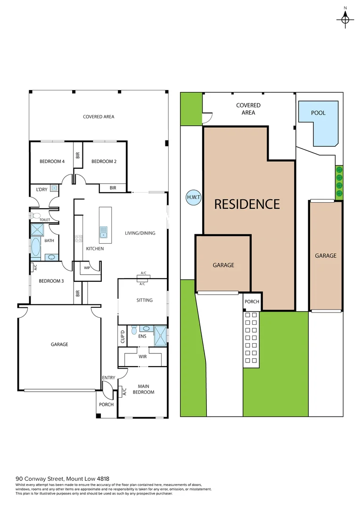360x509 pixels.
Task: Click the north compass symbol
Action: (x=345, y=18)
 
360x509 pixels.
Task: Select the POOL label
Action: (x=318, y=113)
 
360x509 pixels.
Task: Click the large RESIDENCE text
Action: (x=247, y=204)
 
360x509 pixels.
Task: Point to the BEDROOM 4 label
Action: (x=52, y=162)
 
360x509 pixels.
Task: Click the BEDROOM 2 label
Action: (x=104, y=162)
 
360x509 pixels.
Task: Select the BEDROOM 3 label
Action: (x=51, y=281)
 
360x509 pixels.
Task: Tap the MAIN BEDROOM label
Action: (x=143, y=389)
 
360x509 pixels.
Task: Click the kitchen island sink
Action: (x=103, y=232)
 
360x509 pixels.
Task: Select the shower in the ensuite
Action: (x=160, y=336)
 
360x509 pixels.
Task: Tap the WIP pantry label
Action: (x=87, y=268)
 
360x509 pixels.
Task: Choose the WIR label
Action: (x=143, y=357)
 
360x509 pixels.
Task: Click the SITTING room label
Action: (x=144, y=300)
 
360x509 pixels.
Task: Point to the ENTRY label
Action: (x=108, y=378)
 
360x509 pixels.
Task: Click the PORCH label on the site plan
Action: (x=251, y=302)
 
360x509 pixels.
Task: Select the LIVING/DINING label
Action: (x=140, y=233)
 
